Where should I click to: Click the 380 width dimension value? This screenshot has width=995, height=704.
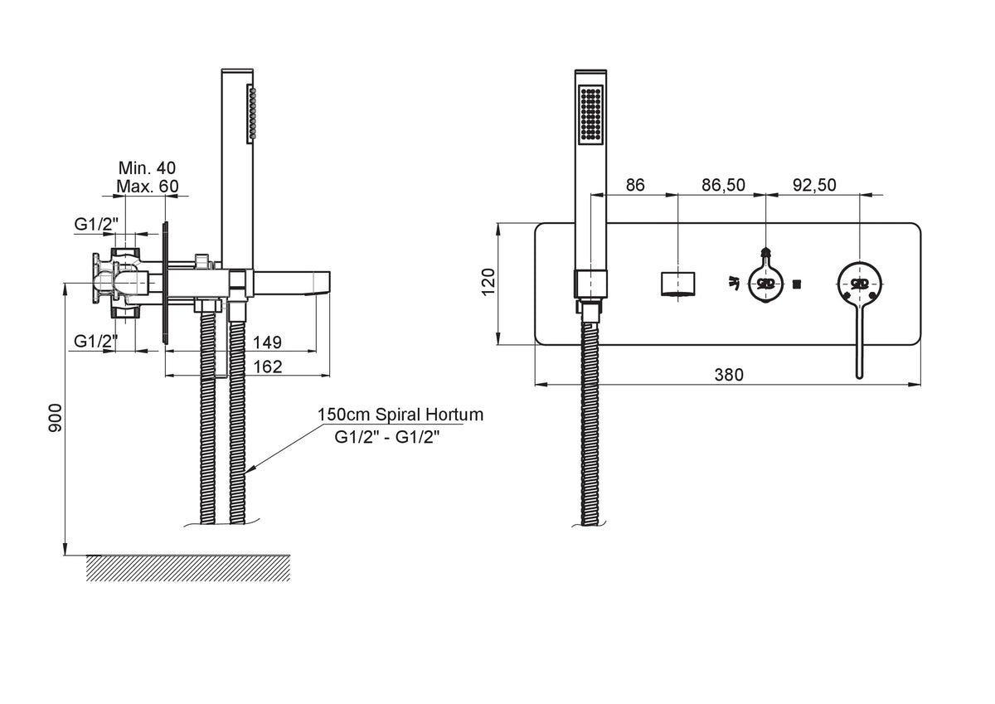click(x=729, y=375)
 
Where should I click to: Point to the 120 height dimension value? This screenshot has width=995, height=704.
click(x=488, y=282)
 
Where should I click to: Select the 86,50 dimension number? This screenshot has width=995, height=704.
click(x=723, y=185)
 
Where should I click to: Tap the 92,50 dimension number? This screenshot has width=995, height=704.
click(x=814, y=185)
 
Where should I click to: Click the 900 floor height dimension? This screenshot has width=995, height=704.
click(x=56, y=418)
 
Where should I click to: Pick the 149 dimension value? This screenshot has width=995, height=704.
click(x=267, y=342)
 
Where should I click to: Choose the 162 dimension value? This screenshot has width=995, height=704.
click(x=267, y=367)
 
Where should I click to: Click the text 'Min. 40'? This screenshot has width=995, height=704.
click(x=147, y=168)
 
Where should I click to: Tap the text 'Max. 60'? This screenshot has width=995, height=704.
click(x=147, y=186)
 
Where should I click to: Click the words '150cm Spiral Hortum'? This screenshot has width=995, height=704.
click(x=400, y=415)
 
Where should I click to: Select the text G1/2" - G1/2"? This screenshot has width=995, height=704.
click(x=387, y=438)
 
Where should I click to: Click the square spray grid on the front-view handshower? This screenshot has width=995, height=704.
click(x=590, y=114)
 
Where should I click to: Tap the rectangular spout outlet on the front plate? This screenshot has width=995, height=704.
click(x=678, y=284)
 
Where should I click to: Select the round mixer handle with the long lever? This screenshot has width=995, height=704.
click(x=860, y=283)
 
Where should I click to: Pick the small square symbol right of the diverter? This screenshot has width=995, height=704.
click(x=797, y=283)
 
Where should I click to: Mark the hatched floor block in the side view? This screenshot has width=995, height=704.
click(x=188, y=568)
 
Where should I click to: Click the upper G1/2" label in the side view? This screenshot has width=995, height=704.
click(x=96, y=225)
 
